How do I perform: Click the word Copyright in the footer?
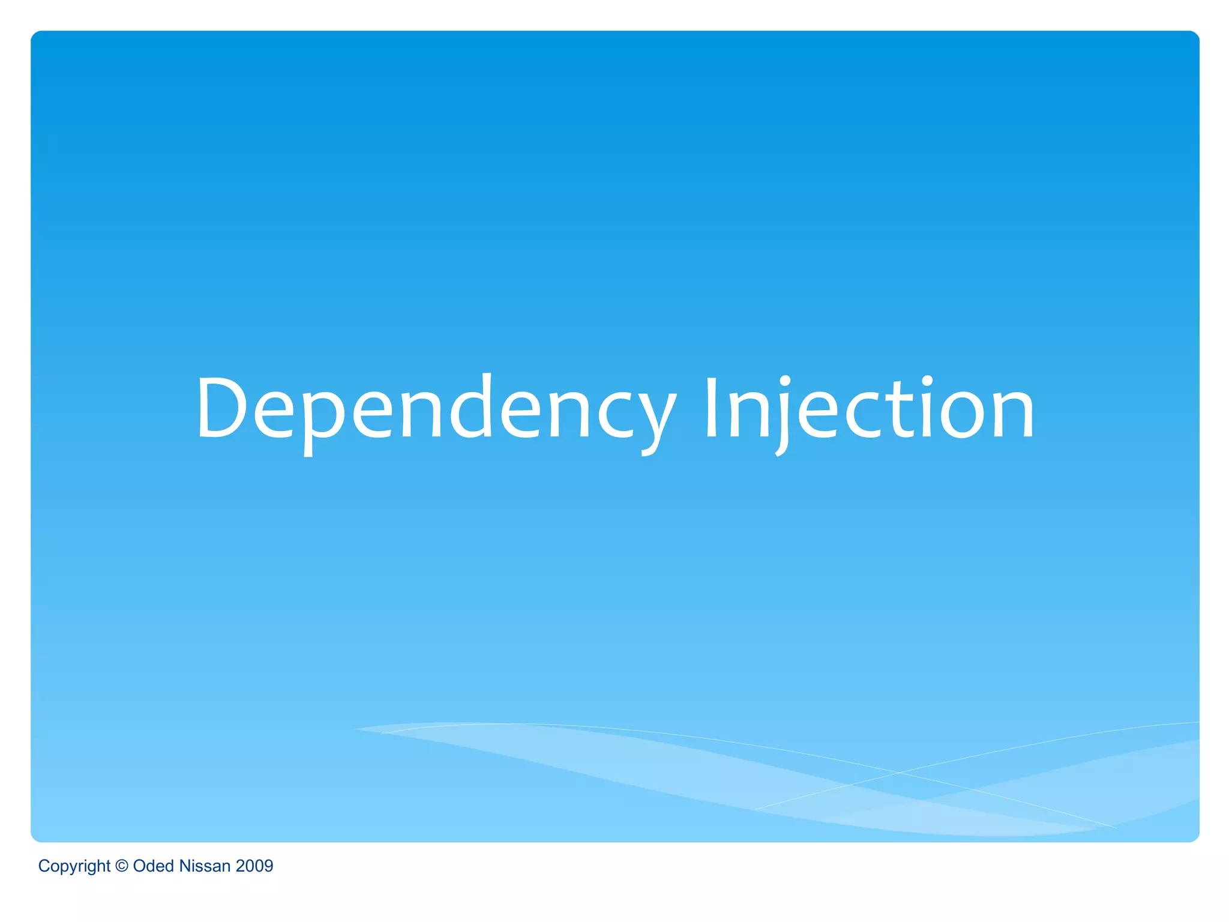(74, 866)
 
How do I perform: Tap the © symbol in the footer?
(122, 866)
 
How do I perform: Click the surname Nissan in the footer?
(205, 866)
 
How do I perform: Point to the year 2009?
(254, 866)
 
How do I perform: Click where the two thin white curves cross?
(899, 773)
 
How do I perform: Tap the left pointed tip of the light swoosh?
(355, 729)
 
